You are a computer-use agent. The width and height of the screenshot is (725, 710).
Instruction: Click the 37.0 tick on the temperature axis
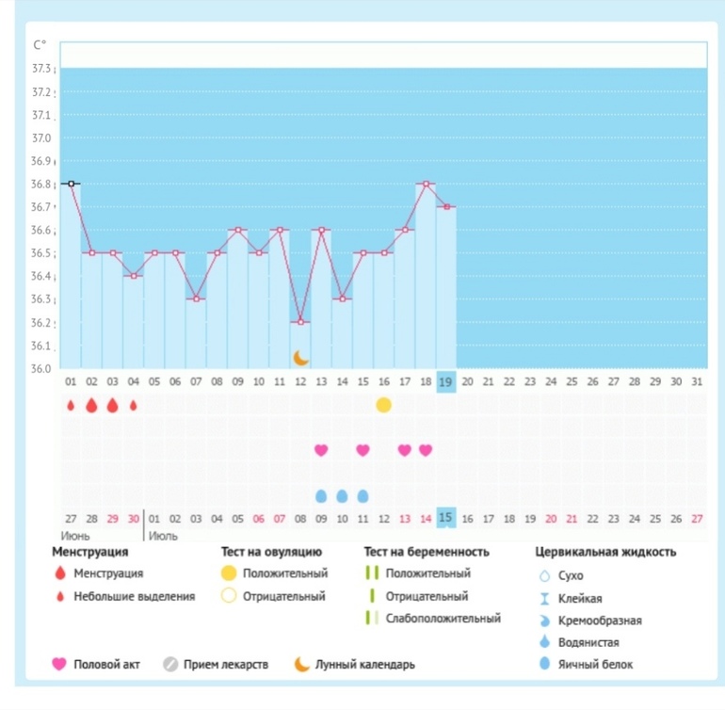(42, 137)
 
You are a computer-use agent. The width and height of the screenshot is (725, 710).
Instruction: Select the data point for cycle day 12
(301, 322)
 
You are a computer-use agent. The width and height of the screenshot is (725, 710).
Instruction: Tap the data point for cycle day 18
(426, 184)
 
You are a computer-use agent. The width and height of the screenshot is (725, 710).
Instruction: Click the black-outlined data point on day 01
(71, 184)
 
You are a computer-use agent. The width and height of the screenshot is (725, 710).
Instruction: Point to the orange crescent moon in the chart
(301, 357)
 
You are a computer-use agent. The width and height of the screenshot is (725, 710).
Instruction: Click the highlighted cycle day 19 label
(446, 381)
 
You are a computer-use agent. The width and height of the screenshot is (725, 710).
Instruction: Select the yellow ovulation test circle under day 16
(383, 405)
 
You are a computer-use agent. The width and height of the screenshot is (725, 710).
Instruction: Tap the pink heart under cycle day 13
(321, 450)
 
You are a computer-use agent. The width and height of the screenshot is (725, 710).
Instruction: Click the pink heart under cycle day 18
(426, 450)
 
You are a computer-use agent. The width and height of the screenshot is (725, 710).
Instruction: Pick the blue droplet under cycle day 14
(342, 495)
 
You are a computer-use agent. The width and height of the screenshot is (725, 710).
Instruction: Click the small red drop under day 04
(133, 405)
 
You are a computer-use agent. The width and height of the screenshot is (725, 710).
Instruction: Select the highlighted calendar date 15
(446, 518)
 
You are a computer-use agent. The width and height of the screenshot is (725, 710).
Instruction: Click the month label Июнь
(76, 536)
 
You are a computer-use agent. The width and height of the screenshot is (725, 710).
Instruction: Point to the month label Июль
(164, 536)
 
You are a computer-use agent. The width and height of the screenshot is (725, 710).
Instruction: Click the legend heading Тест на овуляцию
(271, 553)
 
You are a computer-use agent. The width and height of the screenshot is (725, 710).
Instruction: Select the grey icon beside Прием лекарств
(170, 665)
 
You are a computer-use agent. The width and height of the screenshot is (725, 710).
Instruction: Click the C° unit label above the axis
(40, 45)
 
